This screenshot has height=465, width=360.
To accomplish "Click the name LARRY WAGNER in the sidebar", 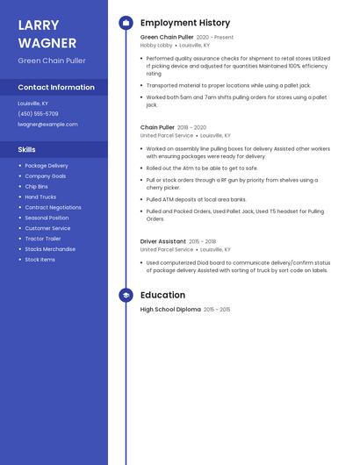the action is pos(39,32).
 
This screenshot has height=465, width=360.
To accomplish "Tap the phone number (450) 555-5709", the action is pos(38,114).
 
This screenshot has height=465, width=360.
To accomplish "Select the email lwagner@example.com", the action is pos(47,125).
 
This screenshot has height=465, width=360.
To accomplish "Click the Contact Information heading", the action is pos(56,88).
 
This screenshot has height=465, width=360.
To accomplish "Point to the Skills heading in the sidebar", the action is pos(26,149).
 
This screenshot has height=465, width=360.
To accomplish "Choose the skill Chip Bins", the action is pos(37,186).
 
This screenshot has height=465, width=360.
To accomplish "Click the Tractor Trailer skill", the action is pos(43,239).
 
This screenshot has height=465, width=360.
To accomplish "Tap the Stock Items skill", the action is pos(40,260).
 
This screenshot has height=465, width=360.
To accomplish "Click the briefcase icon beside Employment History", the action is pos(126,23).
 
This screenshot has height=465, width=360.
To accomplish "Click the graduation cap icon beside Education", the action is pos(126,296).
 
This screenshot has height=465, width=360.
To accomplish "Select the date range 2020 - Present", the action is pos(215,38).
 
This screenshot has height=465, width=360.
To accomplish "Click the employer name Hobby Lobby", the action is pos(156,45).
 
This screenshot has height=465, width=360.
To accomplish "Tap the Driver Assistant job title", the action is pos(163,241).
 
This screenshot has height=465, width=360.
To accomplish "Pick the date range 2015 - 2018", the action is pos(202,241).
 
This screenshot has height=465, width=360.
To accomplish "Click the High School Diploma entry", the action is pos(170,310).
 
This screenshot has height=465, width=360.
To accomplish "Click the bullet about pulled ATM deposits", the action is pos(197,199).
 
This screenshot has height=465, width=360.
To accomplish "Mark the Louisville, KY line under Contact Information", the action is pos(33,104).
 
